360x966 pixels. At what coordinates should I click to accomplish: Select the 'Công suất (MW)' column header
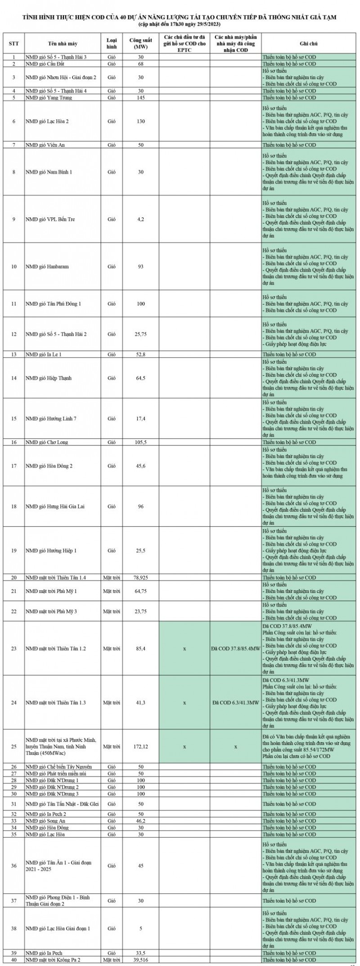tap(141, 43)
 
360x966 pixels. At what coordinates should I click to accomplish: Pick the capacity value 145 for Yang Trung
tap(141, 98)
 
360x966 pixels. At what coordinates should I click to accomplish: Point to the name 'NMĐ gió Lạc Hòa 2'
tap(47, 121)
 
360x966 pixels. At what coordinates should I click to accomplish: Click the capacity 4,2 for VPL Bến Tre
tap(141, 219)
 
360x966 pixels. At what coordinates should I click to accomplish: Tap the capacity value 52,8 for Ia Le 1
tap(141, 354)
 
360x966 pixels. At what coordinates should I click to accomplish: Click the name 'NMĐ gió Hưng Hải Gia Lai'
tap(55, 506)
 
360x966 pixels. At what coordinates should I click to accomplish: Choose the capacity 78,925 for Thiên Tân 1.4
tap(141, 577)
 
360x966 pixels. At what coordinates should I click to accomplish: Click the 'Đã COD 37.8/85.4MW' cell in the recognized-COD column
tap(235, 648)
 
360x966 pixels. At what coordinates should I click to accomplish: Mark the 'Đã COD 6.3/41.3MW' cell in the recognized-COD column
tap(235, 702)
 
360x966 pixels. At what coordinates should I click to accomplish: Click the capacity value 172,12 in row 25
tap(141, 746)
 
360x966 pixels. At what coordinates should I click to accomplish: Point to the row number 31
tap(13, 804)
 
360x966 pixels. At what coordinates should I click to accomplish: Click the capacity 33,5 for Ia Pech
tap(141, 953)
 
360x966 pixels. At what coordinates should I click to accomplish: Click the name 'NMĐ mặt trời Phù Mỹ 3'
tap(51, 611)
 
